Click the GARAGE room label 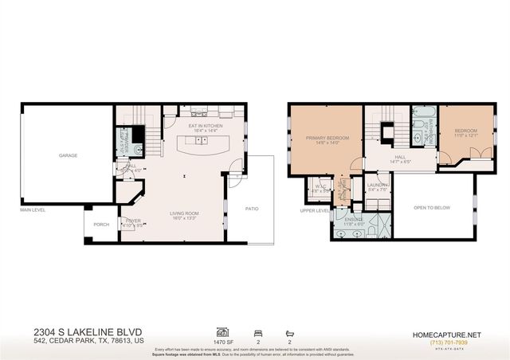(67, 155)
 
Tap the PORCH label (101, 225)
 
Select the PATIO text (252, 209)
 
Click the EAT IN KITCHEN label (205, 126)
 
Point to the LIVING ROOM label (183, 213)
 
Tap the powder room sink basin (136, 149)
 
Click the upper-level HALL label (400, 158)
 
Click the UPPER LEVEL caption (314, 211)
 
